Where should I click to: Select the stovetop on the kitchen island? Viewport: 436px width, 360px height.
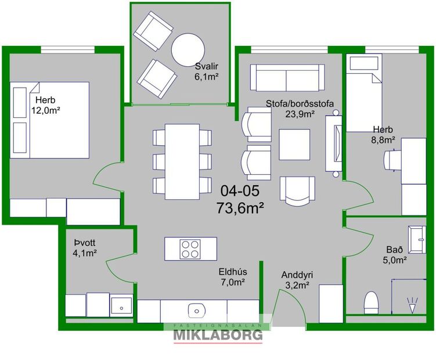(x=189, y=249)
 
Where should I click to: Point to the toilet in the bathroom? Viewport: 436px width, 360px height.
(x=370, y=302)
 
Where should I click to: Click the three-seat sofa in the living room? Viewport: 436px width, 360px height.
(x=287, y=75)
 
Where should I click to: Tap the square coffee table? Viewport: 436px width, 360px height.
(x=295, y=143)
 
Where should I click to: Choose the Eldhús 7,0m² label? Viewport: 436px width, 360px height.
(x=231, y=276)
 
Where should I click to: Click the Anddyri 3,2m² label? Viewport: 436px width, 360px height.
(x=295, y=279)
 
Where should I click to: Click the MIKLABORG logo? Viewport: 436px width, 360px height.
(x=218, y=334)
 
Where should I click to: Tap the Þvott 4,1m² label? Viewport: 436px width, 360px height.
(x=85, y=247)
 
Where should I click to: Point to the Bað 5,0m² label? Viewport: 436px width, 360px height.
(x=395, y=255)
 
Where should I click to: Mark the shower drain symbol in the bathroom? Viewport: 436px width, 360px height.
(x=413, y=302)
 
